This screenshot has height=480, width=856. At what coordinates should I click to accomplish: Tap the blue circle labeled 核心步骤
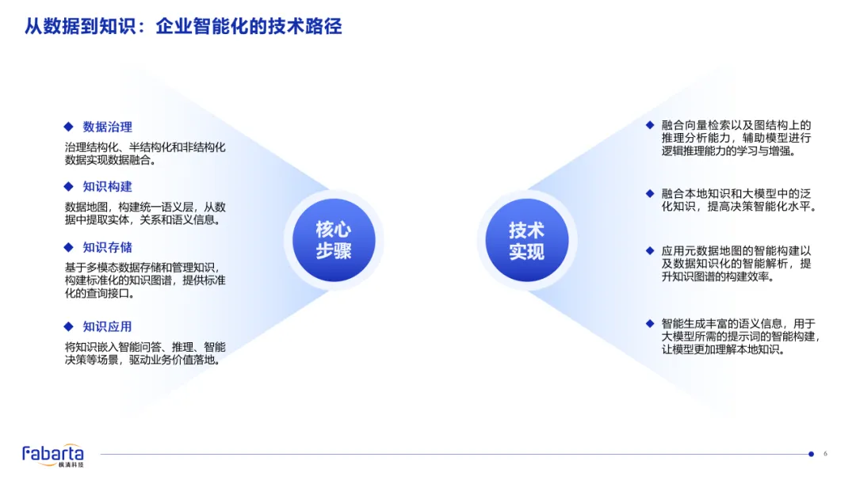(x=334, y=240)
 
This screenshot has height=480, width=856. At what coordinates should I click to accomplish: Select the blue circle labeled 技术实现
(x=526, y=240)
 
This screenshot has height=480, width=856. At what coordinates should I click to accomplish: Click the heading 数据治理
(x=107, y=127)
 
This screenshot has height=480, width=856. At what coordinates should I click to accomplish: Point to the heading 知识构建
(x=107, y=187)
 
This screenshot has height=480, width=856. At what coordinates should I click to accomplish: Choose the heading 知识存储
(x=107, y=247)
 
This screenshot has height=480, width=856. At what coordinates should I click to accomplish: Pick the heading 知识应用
(x=107, y=326)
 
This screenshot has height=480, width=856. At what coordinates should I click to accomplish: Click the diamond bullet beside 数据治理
(x=68, y=127)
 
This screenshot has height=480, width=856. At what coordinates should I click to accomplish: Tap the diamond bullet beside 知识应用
(x=68, y=326)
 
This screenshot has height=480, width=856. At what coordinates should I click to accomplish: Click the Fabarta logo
(x=52, y=455)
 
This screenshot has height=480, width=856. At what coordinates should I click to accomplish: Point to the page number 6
(x=825, y=454)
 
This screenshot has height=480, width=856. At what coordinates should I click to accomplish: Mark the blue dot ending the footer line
(x=811, y=454)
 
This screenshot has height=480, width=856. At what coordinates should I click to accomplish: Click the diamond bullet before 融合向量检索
(x=650, y=125)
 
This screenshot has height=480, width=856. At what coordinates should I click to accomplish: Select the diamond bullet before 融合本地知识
(x=650, y=193)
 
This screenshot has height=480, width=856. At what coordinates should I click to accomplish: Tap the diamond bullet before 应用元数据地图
(x=650, y=251)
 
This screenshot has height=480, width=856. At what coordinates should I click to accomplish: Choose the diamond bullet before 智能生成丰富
(x=650, y=323)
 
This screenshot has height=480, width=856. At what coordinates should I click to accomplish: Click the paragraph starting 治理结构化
(x=145, y=154)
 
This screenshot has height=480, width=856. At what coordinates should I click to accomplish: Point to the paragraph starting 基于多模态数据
(x=145, y=280)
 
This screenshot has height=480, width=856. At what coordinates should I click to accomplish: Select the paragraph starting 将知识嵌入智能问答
(x=145, y=353)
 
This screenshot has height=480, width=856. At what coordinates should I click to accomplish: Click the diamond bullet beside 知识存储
(x=68, y=247)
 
